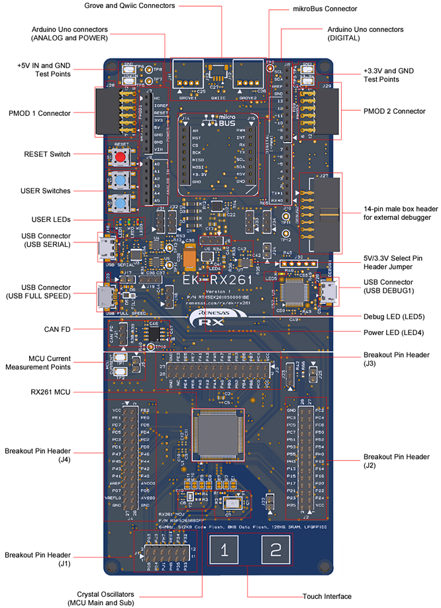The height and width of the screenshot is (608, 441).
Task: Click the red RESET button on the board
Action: click(x=121, y=157)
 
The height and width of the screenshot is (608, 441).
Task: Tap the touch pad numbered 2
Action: click(x=275, y=549)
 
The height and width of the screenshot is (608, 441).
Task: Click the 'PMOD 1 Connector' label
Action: click(x=44, y=113)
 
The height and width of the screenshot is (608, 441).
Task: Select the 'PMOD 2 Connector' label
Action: click(x=395, y=111)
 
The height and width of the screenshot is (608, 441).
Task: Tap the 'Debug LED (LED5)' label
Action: click(x=395, y=316)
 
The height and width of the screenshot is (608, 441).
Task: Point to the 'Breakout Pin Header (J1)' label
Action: click(x=38, y=560)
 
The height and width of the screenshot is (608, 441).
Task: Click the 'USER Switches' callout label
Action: click(x=46, y=191)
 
